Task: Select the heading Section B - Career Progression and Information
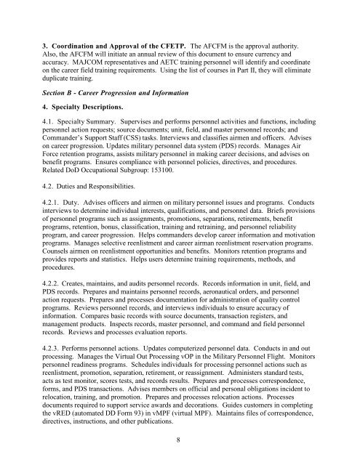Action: coord(118,94)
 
